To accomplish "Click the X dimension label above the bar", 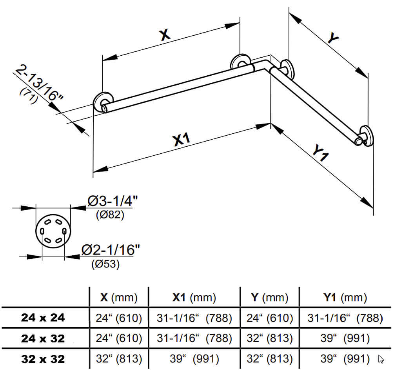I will [165, 35].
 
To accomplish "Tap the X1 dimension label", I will [181, 139].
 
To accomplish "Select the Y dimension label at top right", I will [333, 38].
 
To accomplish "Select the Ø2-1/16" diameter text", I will [110, 249].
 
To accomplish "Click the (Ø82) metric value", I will [110, 215].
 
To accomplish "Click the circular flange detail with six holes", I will [53, 232].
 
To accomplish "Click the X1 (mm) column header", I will [194, 298].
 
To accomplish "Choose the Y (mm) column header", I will [269, 298].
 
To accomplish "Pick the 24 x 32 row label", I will [43, 338].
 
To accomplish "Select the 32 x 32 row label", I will [43, 358].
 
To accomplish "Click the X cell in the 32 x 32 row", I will [119, 358].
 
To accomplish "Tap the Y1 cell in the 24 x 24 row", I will [345, 318].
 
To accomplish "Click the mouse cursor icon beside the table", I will [381, 358].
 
